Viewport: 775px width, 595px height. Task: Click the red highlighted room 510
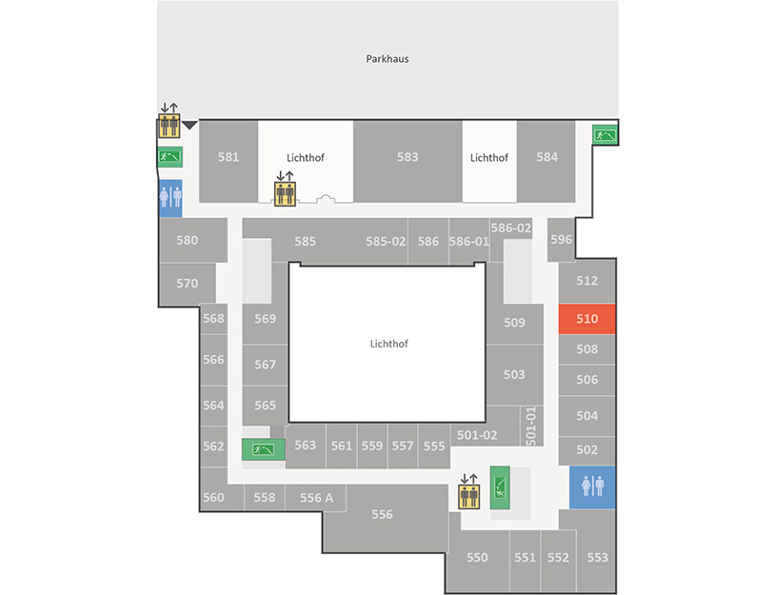click(x=586, y=319)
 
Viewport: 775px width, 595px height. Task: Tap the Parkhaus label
click(x=387, y=59)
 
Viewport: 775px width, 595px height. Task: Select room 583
click(x=407, y=161)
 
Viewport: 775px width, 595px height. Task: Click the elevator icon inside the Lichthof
click(x=285, y=193)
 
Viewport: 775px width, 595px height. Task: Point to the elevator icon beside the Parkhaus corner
click(x=169, y=125)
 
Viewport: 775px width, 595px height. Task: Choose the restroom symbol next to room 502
click(x=592, y=487)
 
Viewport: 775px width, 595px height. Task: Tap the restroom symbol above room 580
click(x=170, y=198)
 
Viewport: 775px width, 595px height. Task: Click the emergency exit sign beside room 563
click(x=263, y=449)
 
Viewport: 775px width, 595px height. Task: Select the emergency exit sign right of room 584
click(x=605, y=134)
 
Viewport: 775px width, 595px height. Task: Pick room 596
click(x=561, y=240)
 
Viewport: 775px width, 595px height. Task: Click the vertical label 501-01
click(x=531, y=426)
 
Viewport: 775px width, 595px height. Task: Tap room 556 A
click(x=316, y=498)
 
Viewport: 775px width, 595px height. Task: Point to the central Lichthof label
click(x=389, y=344)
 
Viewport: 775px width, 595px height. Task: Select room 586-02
click(x=511, y=228)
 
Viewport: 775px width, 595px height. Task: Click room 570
click(x=187, y=283)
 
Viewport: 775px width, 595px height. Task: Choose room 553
click(x=597, y=558)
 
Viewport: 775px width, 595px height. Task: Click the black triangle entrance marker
click(x=189, y=125)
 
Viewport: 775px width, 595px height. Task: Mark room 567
click(x=265, y=365)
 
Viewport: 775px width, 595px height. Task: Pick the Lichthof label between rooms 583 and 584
click(x=488, y=158)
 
